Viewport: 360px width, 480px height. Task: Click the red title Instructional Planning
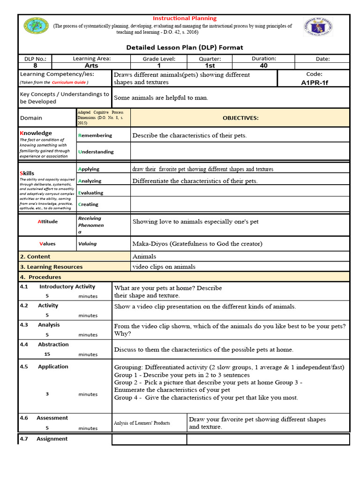[x=184, y=18]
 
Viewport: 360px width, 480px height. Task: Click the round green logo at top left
[x=36, y=27]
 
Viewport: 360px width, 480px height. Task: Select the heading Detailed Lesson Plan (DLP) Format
[x=185, y=47]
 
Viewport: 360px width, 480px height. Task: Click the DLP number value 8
[x=35, y=66]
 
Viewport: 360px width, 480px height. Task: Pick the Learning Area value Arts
[x=91, y=66]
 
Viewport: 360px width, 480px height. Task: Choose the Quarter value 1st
[x=210, y=66]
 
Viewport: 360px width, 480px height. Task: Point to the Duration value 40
[x=263, y=66]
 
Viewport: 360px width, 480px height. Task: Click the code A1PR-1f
[x=314, y=82]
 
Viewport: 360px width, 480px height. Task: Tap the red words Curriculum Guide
[x=69, y=82]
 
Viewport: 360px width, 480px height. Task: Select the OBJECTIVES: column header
[x=240, y=118]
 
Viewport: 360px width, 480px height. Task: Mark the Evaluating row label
[x=91, y=193]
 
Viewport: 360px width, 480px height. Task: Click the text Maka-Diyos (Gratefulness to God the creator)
[x=197, y=244]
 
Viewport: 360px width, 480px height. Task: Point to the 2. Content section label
[x=35, y=256]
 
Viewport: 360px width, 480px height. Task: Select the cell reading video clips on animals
[x=164, y=267]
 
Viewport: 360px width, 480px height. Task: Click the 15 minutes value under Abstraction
[x=47, y=354]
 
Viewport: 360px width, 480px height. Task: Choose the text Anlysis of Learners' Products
[x=142, y=423]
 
